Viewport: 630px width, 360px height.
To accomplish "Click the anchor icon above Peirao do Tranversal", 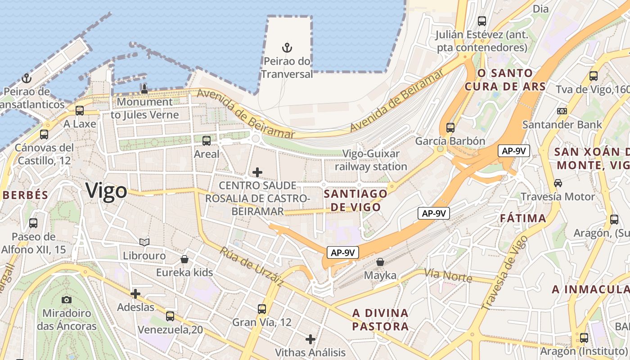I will pyautogui.click(x=287, y=47).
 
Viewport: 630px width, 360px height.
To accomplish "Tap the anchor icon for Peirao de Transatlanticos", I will pyautogui.click(x=27, y=78).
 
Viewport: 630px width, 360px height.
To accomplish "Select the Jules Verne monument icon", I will pyautogui.click(x=144, y=88).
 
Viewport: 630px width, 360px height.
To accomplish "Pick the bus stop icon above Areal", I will pyautogui.click(x=207, y=141).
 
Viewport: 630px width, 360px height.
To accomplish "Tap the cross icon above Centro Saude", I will pyautogui.click(x=257, y=172).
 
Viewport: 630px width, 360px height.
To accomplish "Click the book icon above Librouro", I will pyautogui.click(x=144, y=243).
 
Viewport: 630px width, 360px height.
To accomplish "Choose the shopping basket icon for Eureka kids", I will pyautogui.click(x=184, y=259).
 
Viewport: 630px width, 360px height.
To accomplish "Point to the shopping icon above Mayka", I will pyautogui.click(x=380, y=262).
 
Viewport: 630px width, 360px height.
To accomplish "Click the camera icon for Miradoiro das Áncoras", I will pyautogui.click(x=67, y=300).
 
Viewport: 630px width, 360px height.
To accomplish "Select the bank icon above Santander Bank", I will pyautogui.click(x=562, y=111).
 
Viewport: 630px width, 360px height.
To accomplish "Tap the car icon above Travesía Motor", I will pyautogui.click(x=558, y=183).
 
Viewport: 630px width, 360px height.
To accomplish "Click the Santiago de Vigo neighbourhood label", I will pyautogui.click(x=355, y=201).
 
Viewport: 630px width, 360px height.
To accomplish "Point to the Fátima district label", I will pyautogui.click(x=523, y=219).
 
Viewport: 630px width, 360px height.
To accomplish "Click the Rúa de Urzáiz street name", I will pyautogui.click(x=252, y=266).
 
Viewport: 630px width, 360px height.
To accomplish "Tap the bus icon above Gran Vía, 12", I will pyautogui.click(x=262, y=309).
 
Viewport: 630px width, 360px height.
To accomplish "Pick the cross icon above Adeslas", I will pyautogui.click(x=135, y=294).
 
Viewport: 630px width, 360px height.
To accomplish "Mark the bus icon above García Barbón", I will pyautogui.click(x=450, y=127).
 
